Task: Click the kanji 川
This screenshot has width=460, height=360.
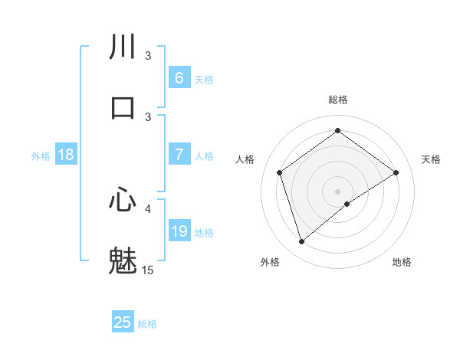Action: (x=123, y=47)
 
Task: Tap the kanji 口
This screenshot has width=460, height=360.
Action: (x=123, y=108)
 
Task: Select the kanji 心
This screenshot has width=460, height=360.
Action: (x=123, y=200)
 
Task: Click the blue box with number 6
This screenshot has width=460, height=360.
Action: (x=179, y=77)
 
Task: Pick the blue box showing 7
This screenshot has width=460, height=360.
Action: (x=179, y=154)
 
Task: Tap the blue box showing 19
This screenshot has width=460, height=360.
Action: (x=179, y=231)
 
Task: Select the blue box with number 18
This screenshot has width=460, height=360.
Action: (x=66, y=155)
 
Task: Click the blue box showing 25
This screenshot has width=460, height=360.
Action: (x=123, y=322)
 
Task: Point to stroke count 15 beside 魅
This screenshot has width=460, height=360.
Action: (x=148, y=270)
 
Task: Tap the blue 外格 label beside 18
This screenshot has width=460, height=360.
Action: (x=41, y=155)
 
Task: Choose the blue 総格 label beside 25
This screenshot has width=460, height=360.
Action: (x=147, y=324)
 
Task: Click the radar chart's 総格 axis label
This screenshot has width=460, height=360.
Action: (x=337, y=100)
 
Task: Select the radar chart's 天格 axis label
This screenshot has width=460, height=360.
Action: (x=431, y=159)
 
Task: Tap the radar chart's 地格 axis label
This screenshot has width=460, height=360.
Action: (x=402, y=262)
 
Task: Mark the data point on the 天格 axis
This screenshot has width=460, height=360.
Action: (x=396, y=172)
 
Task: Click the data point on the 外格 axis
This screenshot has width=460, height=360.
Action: (x=301, y=242)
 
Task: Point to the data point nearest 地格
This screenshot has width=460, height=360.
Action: (x=347, y=204)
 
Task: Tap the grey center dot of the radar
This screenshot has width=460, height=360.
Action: (x=337, y=191)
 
